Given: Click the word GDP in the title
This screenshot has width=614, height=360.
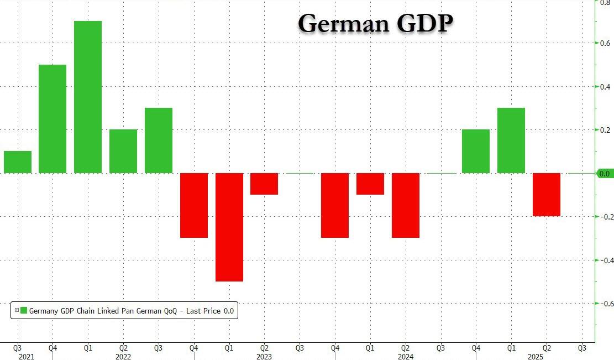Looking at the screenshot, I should [x=423, y=23].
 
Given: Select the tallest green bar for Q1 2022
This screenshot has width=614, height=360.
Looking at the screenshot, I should [x=88, y=97].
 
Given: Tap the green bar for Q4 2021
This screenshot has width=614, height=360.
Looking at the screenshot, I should [x=53, y=119].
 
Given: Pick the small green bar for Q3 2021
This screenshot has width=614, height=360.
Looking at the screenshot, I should [x=18, y=162].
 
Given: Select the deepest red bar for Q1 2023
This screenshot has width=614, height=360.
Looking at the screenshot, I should [x=229, y=227].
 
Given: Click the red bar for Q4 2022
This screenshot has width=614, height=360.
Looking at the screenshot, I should [x=194, y=205].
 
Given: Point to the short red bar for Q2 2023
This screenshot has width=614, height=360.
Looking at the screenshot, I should [x=264, y=184].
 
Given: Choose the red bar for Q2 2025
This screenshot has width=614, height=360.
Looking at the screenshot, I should [x=547, y=194].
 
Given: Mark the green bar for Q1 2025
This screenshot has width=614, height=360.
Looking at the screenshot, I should [x=511, y=140].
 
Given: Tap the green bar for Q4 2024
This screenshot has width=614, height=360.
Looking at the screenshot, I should [x=476, y=151].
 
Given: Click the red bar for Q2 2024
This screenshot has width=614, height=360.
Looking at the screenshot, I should [x=406, y=205].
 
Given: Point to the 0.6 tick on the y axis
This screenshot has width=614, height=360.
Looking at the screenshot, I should [x=605, y=43].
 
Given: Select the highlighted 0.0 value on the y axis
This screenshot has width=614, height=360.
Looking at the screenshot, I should [x=605, y=174].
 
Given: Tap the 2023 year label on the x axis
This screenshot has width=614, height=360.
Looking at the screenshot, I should [x=264, y=357].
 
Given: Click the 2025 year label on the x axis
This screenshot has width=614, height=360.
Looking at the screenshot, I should [x=547, y=357].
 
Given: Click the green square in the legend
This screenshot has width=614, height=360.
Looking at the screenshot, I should [x=24, y=311].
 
